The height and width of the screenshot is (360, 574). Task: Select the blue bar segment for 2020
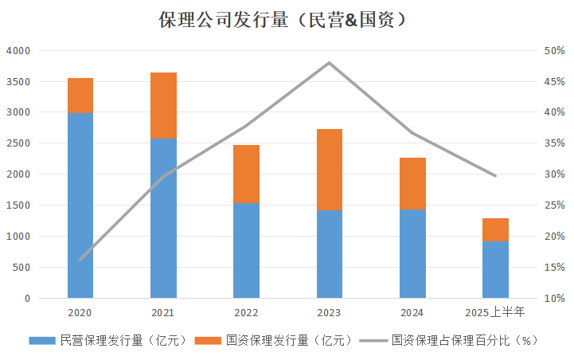pos(80,205)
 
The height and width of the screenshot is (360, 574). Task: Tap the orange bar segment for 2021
pos(163,105)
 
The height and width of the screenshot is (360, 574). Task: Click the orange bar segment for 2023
pos(329,170)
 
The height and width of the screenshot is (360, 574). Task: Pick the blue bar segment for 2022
pos(246,251)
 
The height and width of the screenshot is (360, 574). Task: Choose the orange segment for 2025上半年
pos(495,230)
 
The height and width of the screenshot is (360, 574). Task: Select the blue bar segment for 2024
pos(412,254)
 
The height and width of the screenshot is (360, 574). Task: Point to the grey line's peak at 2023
pos(329,62)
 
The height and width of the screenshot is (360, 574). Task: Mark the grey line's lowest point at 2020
pos(80,260)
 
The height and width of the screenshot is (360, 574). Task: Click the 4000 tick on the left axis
pos(18,50)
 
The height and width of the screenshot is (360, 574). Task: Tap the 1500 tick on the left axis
pos(18,205)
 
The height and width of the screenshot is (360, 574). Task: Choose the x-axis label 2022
pos(246,313)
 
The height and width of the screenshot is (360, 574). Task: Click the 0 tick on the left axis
pos(27,299)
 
